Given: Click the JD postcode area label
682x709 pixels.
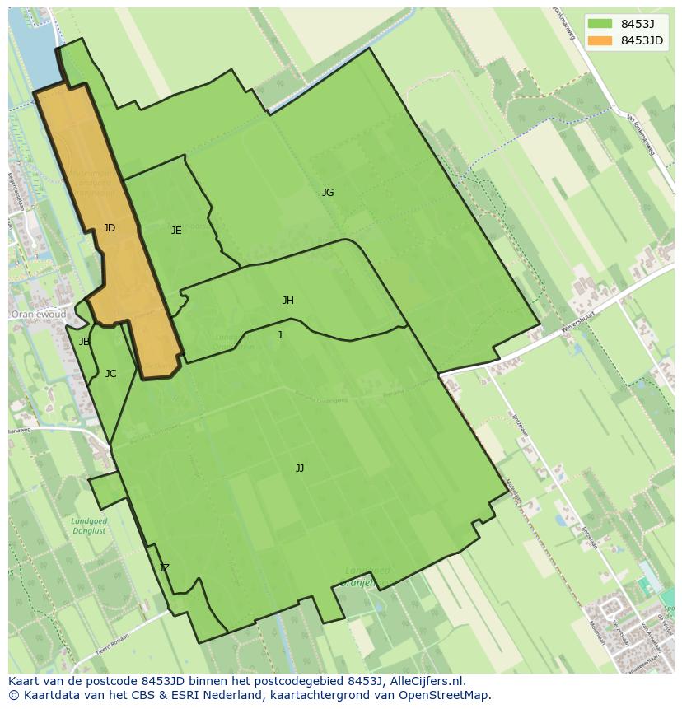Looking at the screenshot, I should click(110, 228).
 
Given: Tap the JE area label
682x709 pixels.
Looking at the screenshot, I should click(176, 231).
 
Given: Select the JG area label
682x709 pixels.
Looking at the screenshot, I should click(328, 193).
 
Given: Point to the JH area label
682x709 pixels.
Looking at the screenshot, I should click(287, 301).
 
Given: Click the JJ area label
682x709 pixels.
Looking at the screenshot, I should click(300, 469).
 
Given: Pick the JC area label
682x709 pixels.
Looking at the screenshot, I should click(110, 374).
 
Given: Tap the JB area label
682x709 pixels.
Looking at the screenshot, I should click(84, 342).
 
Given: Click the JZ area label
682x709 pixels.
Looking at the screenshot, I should click(164, 568).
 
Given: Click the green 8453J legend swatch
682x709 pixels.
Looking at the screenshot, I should click(600, 24).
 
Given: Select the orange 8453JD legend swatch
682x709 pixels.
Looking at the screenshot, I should click(600, 40).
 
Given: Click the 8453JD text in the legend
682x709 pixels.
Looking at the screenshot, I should click(642, 40).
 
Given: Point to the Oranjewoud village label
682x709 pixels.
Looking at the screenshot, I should click(39, 315).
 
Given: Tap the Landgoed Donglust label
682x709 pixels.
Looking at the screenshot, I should click(89, 526).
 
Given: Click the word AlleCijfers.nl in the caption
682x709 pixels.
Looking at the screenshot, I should click(426, 681).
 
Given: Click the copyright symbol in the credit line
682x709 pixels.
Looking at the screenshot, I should click(13, 695).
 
